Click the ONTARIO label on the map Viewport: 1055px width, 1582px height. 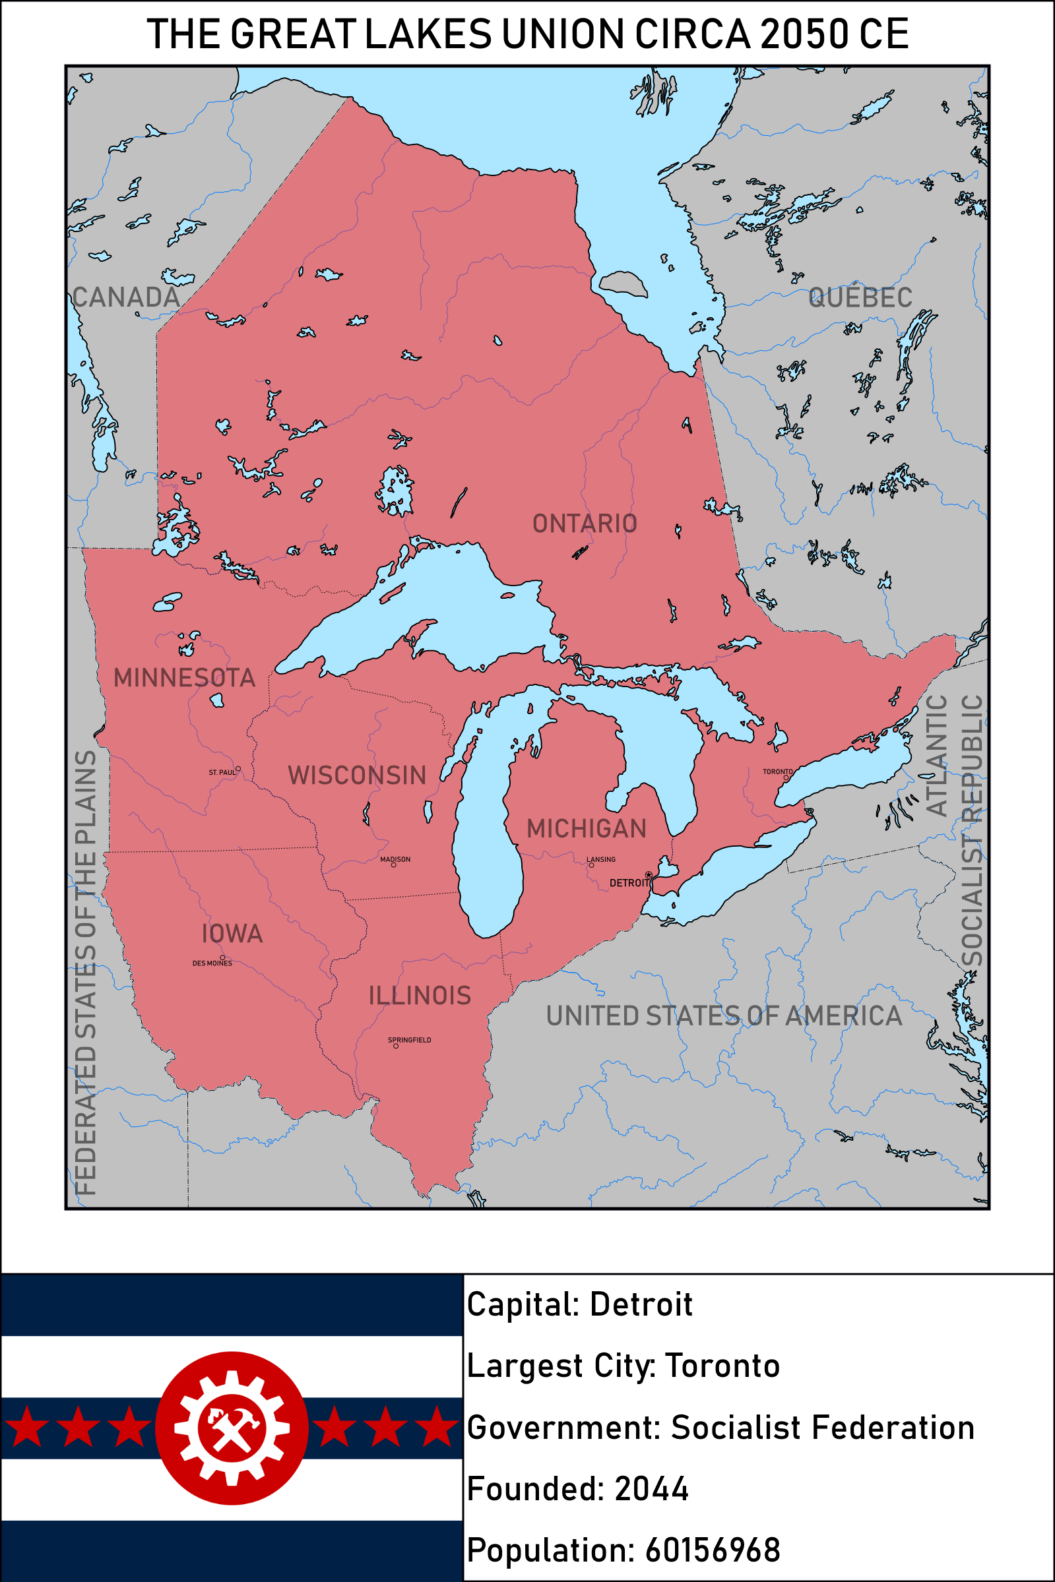[x=584, y=524]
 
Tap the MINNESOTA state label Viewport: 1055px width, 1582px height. [x=184, y=678]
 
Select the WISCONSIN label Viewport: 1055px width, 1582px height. [x=356, y=776]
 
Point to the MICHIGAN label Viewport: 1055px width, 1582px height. [x=586, y=828]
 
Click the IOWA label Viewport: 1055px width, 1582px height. [x=232, y=933]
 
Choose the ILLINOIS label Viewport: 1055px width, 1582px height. [x=419, y=996]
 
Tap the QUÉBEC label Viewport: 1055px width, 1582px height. [x=860, y=297]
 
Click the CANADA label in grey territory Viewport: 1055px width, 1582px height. [x=126, y=297]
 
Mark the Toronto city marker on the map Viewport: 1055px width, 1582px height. [x=785, y=778]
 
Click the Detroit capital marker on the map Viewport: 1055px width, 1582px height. [x=648, y=874]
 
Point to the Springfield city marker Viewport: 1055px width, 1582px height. [x=396, y=1046]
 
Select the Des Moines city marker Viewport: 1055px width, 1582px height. [x=222, y=958]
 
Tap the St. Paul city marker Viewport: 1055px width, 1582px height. [x=238, y=768]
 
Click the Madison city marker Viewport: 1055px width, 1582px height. [x=394, y=865]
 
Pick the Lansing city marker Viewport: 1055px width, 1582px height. [x=591, y=865]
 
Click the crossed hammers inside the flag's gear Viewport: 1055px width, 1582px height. [x=232, y=1428]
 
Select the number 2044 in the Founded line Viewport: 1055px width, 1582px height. [x=651, y=1488]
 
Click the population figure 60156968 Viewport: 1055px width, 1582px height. [x=712, y=1550]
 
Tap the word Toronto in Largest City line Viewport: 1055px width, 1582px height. [x=722, y=1366]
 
